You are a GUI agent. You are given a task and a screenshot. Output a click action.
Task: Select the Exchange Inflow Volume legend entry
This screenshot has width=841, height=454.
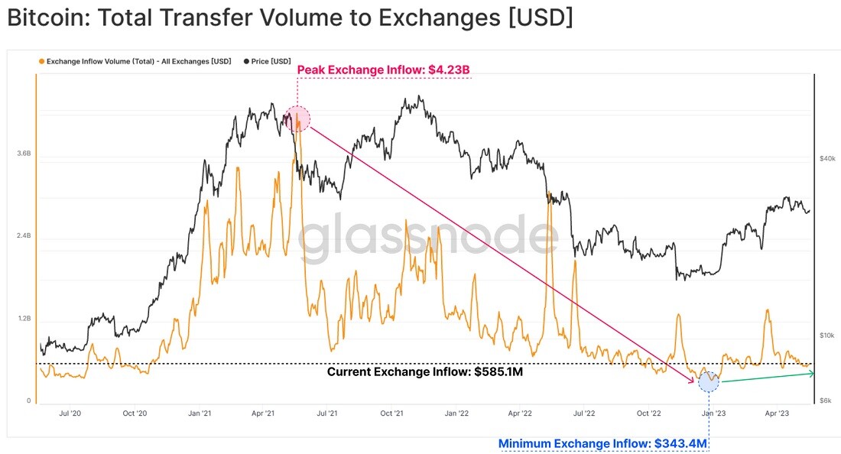[135, 62]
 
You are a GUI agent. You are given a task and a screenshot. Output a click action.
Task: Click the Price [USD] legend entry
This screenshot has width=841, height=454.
[267, 62]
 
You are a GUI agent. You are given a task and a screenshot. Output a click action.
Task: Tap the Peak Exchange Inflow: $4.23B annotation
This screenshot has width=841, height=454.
[384, 70]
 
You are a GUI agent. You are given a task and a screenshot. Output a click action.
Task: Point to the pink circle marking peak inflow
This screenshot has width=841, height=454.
[297, 118]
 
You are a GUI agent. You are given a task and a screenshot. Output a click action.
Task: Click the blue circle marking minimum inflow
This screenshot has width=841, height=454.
[709, 381]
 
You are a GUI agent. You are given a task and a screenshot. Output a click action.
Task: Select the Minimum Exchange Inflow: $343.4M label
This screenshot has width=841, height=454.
[602, 444]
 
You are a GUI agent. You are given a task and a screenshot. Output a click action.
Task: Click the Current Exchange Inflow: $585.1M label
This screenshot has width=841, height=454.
[425, 372]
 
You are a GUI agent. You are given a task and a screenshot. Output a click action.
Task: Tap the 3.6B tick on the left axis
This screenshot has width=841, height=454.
[24, 154]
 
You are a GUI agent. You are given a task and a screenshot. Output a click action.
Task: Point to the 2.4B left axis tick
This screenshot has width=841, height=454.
[24, 236]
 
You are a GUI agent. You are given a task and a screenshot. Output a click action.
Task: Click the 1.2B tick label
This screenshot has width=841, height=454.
[24, 319]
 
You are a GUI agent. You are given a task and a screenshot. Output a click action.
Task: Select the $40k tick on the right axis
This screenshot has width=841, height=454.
[827, 159]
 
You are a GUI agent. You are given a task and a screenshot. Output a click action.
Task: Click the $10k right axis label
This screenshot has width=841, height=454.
[827, 336]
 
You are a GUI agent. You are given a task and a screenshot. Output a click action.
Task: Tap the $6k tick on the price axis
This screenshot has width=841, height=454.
[826, 401]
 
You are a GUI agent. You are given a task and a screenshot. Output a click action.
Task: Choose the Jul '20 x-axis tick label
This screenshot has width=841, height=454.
[70, 413]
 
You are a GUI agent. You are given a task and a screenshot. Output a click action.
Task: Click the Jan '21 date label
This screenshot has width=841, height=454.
[199, 413]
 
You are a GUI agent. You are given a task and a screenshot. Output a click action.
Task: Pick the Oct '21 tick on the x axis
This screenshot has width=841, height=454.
[391, 413]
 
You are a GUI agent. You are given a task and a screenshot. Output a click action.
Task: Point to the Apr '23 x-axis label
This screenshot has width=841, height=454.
[777, 413]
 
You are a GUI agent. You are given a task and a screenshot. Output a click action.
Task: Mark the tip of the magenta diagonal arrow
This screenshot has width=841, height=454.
[695, 383]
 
